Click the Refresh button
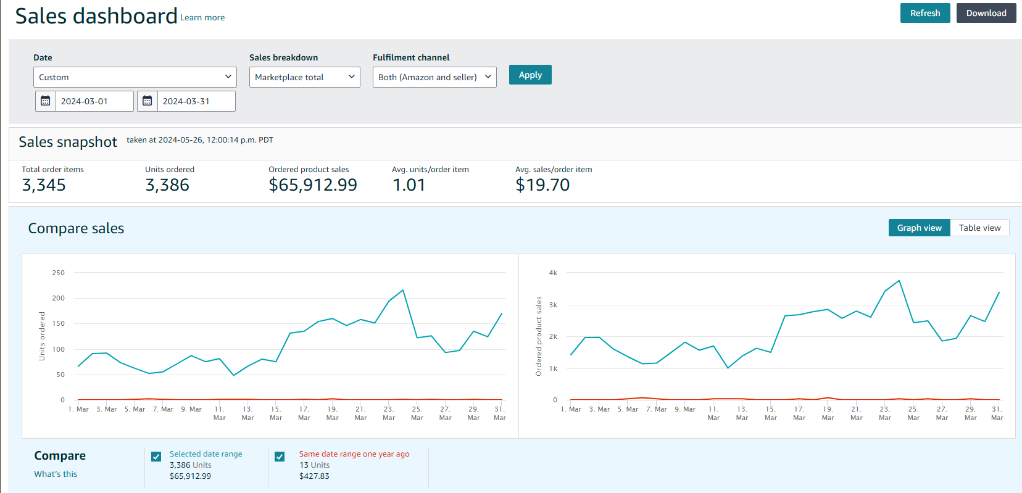[x=924, y=13]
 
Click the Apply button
[x=530, y=75]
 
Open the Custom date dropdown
[x=135, y=77]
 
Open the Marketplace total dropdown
[x=304, y=77]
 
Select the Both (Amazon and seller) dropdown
[x=434, y=77]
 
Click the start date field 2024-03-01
[x=94, y=101]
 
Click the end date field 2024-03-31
[x=196, y=101]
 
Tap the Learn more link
[x=202, y=18]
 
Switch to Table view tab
[x=979, y=228]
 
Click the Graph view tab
[x=919, y=228]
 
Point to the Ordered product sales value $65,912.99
[x=313, y=185]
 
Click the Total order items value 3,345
[x=44, y=185]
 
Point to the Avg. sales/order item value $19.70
[x=542, y=185]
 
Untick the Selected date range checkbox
[x=156, y=457]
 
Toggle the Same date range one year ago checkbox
[x=280, y=457]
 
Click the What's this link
[x=56, y=474]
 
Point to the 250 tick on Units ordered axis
[x=59, y=273]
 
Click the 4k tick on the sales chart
[x=553, y=273]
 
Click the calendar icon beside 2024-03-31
[x=147, y=101]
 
